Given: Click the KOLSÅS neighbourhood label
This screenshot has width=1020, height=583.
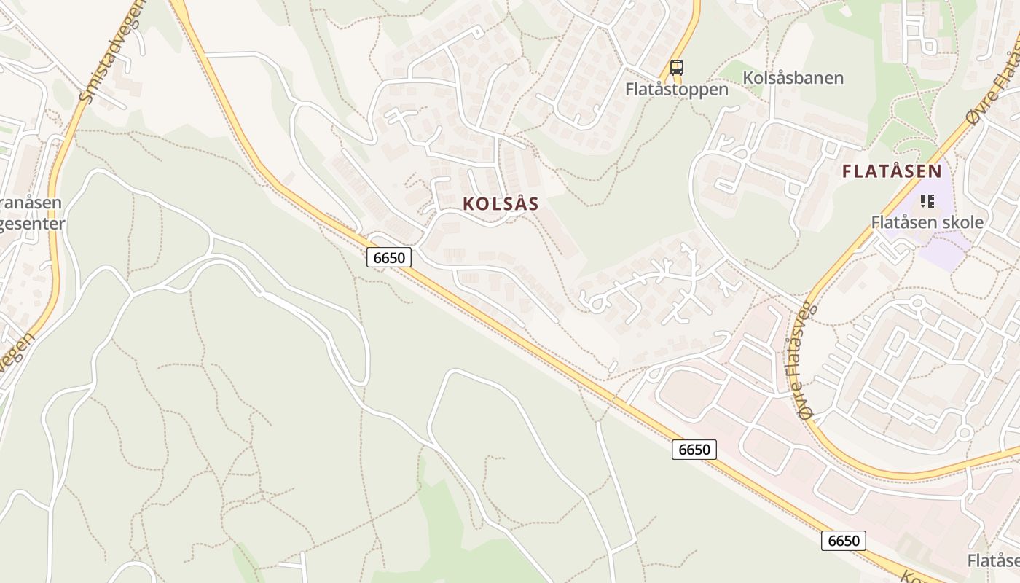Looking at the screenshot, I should (x=501, y=204).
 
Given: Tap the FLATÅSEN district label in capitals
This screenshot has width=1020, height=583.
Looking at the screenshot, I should (x=892, y=172).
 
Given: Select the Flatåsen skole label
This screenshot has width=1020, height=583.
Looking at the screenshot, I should (x=927, y=222).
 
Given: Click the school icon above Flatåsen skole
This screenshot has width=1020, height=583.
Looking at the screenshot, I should (x=927, y=200).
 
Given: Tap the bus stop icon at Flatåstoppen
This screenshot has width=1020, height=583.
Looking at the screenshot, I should (x=677, y=68).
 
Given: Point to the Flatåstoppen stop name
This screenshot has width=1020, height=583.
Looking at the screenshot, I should (x=677, y=89).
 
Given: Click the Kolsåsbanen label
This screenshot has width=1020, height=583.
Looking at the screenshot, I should (x=793, y=78).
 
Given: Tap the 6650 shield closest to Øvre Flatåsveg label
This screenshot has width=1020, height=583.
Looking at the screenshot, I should (x=694, y=450).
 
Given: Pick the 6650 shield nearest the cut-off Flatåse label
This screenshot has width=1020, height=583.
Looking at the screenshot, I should (x=844, y=541).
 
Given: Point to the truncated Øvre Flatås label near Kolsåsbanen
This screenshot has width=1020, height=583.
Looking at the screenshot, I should (x=992, y=81).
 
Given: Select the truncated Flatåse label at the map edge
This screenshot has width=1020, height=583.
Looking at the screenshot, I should (x=994, y=560).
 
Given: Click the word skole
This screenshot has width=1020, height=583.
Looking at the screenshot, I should (x=960, y=222).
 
